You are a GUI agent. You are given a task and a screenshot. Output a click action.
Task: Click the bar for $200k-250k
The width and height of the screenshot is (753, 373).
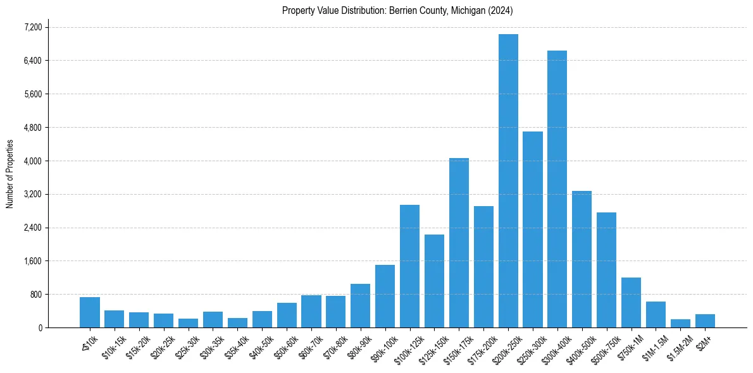[508, 181]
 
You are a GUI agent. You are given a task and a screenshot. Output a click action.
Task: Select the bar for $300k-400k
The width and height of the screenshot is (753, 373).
[557, 189]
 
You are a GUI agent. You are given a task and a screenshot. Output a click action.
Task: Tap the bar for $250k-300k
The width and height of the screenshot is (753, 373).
[533, 229]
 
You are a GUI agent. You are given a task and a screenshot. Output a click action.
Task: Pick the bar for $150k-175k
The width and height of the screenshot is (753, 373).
[459, 243]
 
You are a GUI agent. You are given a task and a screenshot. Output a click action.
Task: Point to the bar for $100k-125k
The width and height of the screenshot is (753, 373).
[409, 266]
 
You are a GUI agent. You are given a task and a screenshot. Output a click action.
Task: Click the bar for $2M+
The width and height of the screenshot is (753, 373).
[705, 321]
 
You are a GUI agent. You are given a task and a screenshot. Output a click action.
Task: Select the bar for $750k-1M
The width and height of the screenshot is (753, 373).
[631, 302]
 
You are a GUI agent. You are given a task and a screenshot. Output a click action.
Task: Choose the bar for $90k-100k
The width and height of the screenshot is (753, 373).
[385, 296]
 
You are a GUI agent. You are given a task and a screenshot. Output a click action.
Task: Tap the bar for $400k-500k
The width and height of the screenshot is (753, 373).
[582, 259]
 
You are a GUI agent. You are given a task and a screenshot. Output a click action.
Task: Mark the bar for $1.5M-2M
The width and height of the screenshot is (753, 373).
[680, 323]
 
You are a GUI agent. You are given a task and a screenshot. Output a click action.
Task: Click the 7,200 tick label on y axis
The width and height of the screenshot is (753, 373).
[33, 27]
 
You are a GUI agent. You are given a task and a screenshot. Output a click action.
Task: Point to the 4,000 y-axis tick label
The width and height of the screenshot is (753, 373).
[33, 161]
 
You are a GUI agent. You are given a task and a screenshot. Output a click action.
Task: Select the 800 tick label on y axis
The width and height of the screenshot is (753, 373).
[35, 295]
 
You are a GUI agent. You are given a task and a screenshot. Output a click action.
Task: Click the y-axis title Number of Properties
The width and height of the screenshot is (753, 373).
[9, 174]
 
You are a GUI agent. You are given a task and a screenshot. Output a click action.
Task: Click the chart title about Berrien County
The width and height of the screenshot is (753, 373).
[397, 11]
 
